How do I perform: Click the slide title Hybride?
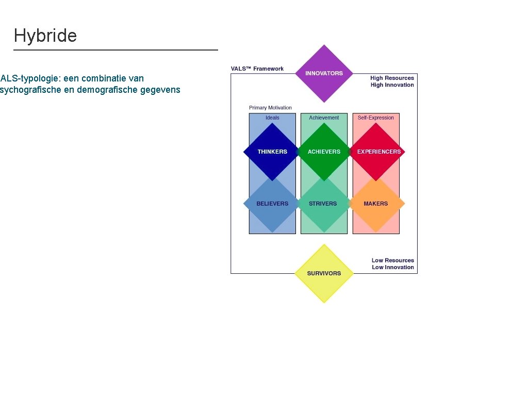pyautogui.click(x=45, y=36)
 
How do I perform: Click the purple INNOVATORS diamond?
pyautogui.click(x=324, y=73)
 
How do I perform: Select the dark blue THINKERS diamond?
pyautogui.click(x=272, y=152)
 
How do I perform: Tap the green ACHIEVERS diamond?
pyautogui.click(x=324, y=152)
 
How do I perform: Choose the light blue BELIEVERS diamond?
pyautogui.click(x=272, y=204)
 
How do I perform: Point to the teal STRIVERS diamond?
pyautogui.click(x=323, y=204)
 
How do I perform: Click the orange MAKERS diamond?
pyautogui.click(x=376, y=204)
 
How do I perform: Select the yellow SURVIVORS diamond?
pyautogui.click(x=324, y=273)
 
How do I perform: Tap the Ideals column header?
pyautogui.click(x=272, y=118)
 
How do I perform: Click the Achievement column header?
pyautogui.click(x=324, y=118)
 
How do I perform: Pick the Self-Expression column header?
pyautogui.click(x=376, y=118)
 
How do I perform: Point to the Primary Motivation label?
pyautogui.click(x=270, y=108)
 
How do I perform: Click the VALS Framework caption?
pyautogui.click(x=257, y=69)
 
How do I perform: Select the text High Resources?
pyautogui.click(x=392, y=78)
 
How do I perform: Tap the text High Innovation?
pyautogui.click(x=392, y=85)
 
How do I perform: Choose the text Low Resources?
pyautogui.click(x=393, y=260)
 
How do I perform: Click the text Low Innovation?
pyautogui.click(x=393, y=267)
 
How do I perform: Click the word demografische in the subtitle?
pyautogui.click(x=107, y=90)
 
